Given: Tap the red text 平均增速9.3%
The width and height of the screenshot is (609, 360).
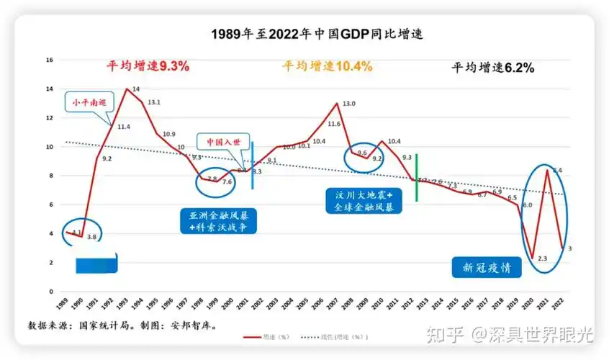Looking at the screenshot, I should point(148,66).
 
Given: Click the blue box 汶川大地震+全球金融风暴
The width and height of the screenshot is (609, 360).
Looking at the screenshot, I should point(364,202).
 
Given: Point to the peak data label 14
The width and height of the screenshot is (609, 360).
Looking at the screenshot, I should point(136,89).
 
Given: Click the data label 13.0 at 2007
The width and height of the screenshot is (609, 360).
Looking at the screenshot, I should point(348,104).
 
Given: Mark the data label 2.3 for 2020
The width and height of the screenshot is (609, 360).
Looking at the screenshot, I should point(542,258).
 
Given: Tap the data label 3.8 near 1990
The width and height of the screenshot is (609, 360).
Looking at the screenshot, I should point(91,237).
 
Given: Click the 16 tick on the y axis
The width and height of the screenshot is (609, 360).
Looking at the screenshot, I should point(50,60).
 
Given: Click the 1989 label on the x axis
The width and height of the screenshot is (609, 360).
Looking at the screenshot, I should point(66,304).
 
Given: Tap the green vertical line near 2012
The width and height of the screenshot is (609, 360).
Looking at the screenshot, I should point(417,177).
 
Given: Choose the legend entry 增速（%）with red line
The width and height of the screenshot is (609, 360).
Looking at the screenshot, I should point(267,336).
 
